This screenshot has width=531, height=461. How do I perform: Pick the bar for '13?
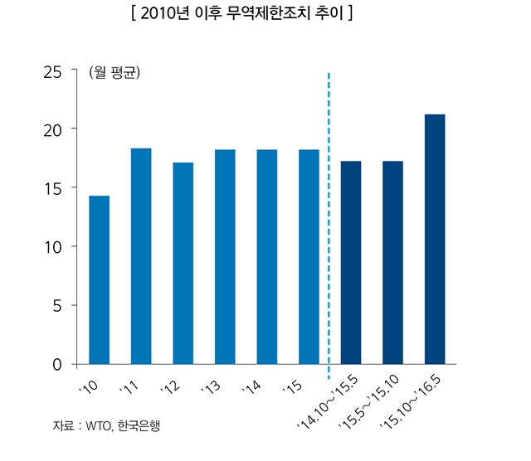225,256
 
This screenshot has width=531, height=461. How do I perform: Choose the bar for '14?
267,256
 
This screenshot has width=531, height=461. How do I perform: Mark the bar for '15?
309,256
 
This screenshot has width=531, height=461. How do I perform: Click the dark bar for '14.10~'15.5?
351,262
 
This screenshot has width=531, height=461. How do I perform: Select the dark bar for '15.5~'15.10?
392,262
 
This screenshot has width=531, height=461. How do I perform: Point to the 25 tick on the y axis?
54,71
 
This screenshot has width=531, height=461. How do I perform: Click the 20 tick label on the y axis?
54,129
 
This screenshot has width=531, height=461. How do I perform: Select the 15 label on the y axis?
54,188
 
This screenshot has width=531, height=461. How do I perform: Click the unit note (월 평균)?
114,72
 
